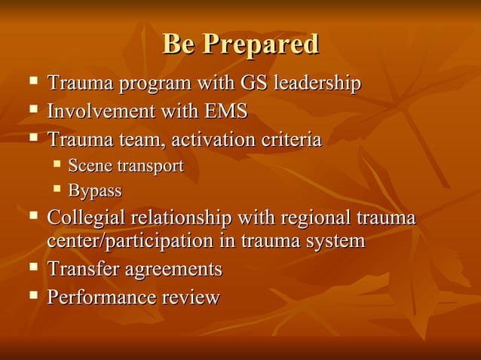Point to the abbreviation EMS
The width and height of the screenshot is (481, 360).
(226, 111)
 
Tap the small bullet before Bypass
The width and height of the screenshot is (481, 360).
(57, 189)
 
